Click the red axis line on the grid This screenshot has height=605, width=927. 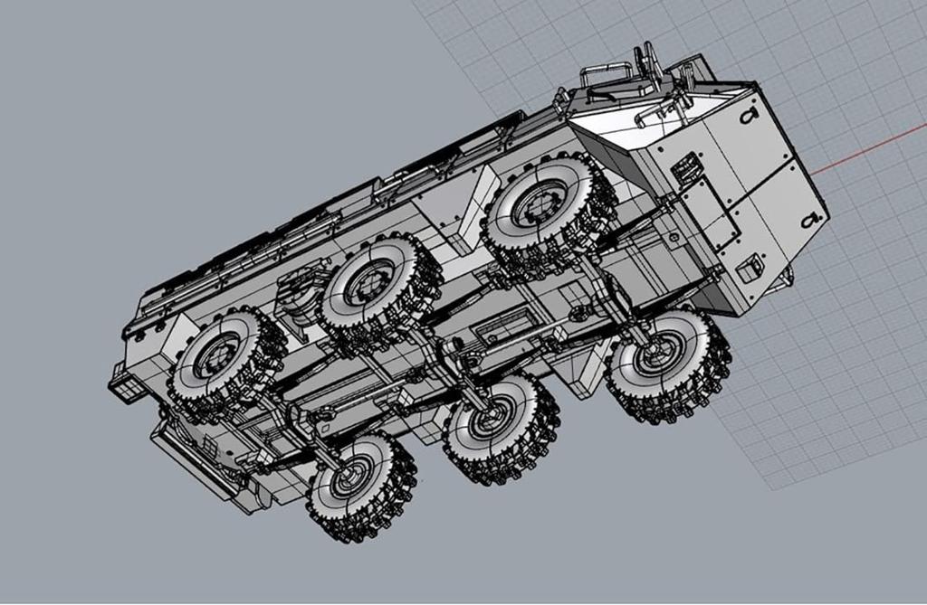pyautogui.click(x=869, y=153)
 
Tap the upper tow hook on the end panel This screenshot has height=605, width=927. pyautogui.click(x=748, y=115)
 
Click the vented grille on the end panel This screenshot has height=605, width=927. pyautogui.click(x=685, y=166)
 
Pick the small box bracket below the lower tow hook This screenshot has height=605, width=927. pyautogui.click(x=749, y=269)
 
